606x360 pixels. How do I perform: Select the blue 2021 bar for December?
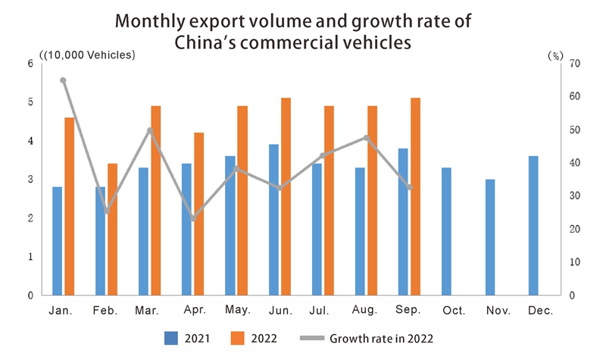(x=533, y=225)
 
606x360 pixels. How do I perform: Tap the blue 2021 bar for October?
(x=446, y=231)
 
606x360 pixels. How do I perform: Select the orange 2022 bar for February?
(x=112, y=229)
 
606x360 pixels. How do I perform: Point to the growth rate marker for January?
(x=63, y=80)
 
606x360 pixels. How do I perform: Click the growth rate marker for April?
(x=193, y=218)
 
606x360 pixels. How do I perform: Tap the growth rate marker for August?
(x=367, y=138)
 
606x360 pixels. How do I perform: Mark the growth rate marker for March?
(x=150, y=130)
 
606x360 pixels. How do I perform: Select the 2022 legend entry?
(x=255, y=337)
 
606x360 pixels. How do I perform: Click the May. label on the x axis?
(x=237, y=311)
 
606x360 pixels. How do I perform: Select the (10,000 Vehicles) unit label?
(x=87, y=55)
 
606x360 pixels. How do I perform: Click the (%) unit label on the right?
(x=555, y=55)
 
